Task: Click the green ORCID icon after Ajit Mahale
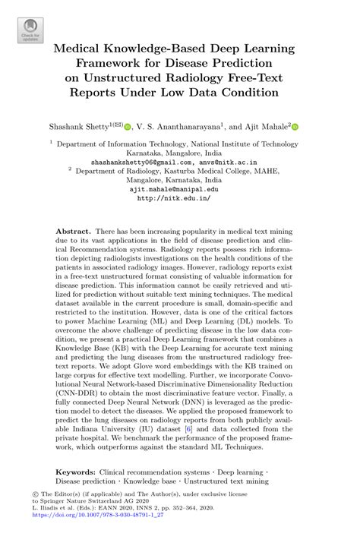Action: (295, 127)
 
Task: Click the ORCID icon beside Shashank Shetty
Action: (128, 127)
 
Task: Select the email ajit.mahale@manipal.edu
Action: (178, 190)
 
